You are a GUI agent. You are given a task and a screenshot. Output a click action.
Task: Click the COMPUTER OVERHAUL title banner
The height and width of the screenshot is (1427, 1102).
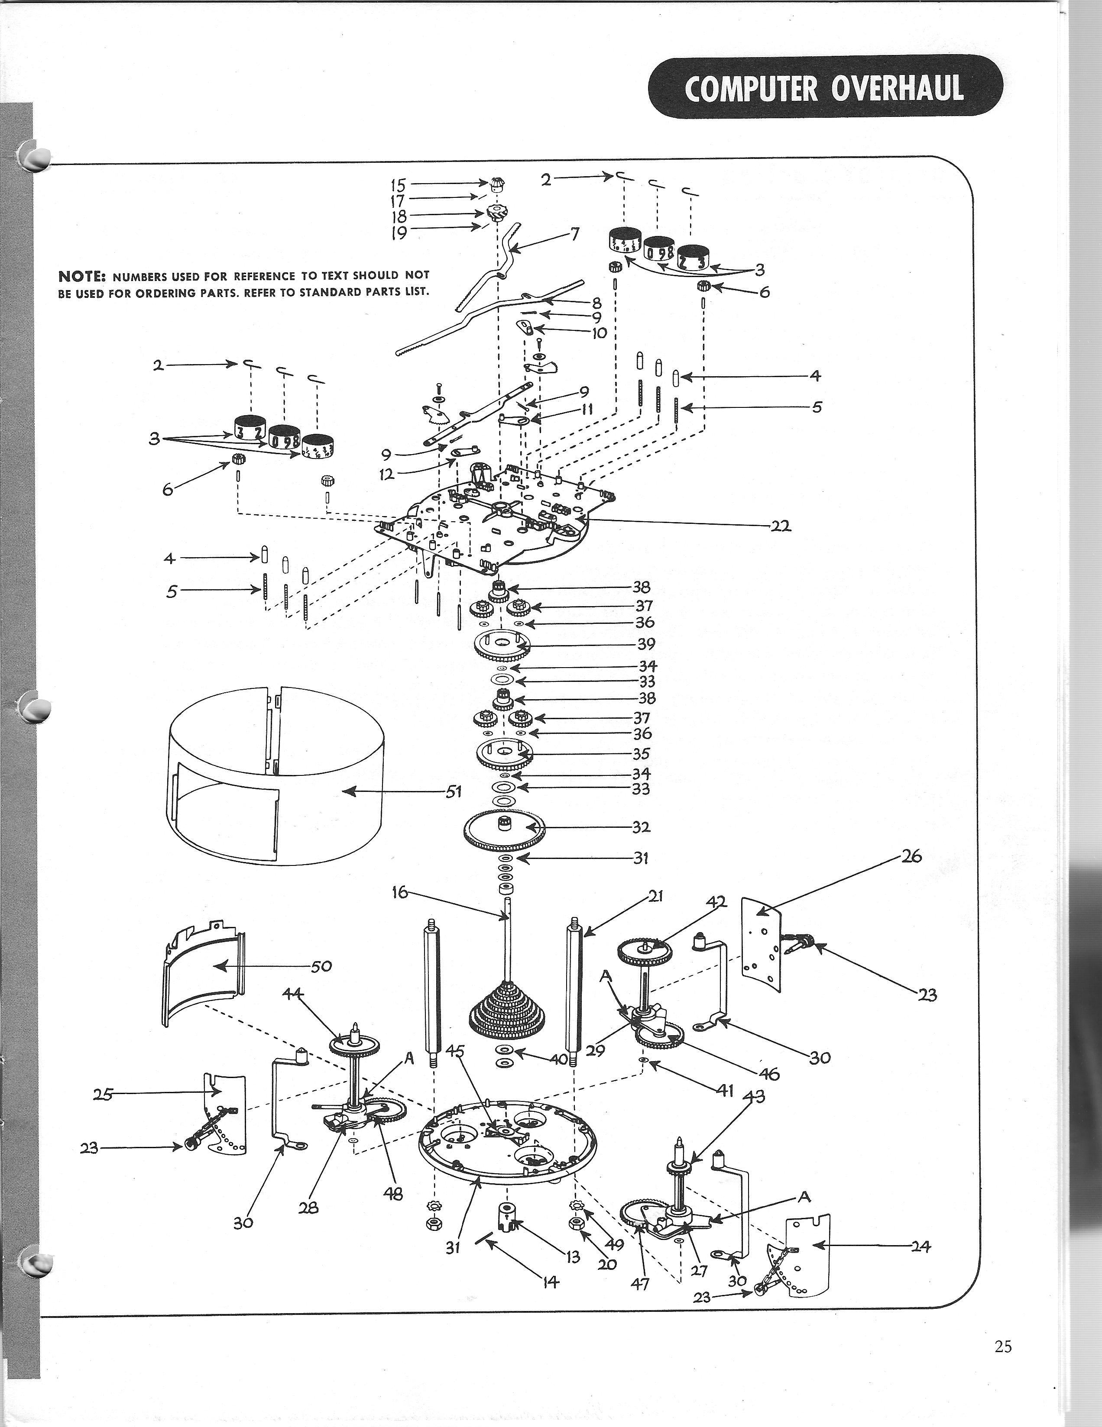(x=824, y=87)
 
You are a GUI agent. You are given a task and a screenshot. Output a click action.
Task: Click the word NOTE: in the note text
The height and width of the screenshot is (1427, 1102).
(x=82, y=276)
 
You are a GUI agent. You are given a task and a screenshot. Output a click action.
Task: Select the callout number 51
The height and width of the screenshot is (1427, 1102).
(x=454, y=792)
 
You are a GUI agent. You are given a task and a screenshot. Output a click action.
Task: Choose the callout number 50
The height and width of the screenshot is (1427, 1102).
(x=321, y=966)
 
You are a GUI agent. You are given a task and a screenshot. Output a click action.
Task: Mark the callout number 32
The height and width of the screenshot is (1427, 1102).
(x=641, y=827)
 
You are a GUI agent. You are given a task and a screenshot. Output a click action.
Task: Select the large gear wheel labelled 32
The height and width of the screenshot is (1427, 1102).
(x=503, y=830)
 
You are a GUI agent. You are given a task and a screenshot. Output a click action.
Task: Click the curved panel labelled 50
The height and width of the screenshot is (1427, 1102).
(x=203, y=980)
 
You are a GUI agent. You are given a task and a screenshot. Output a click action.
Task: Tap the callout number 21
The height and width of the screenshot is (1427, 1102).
(x=655, y=897)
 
